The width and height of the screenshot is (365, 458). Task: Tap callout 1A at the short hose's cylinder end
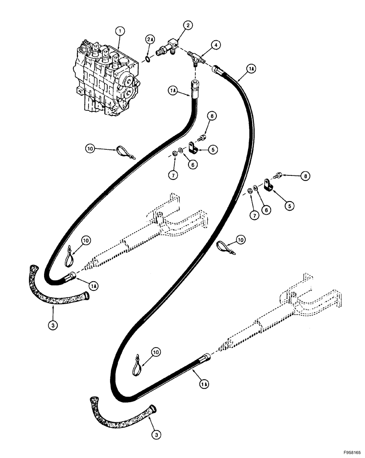[x=94, y=286]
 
